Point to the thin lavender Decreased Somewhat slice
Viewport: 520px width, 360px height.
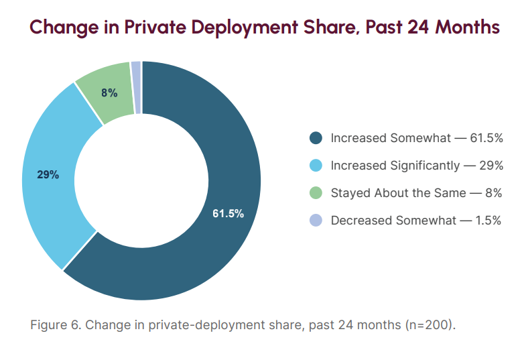(x=136, y=88)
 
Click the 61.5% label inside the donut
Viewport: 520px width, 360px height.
(x=228, y=214)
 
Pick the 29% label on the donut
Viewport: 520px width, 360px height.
(x=48, y=175)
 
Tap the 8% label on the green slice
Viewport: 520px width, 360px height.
(x=109, y=93)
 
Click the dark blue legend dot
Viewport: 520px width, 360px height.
(x=316, y=138)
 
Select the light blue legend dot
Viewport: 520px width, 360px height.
(x=316, y=166)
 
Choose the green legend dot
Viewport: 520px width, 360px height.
(x=316, y=193)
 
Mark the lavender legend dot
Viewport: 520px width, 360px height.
(x=316, y=221)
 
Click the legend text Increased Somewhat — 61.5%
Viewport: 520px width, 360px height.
(x=417, y=138)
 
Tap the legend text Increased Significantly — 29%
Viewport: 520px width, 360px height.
(x=417, y=166)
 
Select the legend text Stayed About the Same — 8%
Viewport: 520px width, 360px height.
(x=416, y=193)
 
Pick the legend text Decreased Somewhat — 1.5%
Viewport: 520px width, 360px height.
(x=416, y=221)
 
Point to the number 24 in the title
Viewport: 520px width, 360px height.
(x=418, y=27)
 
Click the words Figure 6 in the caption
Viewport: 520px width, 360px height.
(x=55, y=325)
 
